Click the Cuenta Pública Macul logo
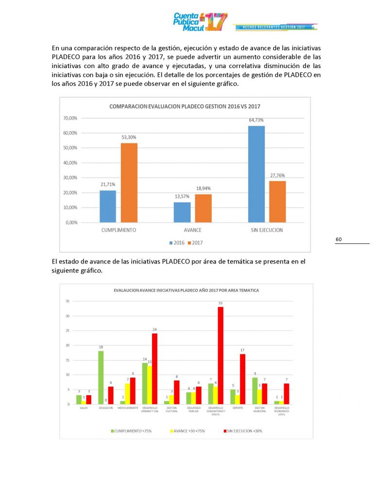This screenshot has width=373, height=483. [200, 22]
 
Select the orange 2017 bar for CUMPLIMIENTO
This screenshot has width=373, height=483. [129, 182]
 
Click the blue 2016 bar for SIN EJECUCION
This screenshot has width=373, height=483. [257, 173]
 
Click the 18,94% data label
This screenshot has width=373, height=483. [203, 188]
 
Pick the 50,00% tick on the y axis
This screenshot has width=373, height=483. [70, 148]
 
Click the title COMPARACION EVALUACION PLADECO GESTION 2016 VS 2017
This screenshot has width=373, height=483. [185, 106]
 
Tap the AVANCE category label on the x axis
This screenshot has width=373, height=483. [193, 230]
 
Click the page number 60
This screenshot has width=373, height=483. [339, 240]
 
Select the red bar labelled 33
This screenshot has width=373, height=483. [220, 355]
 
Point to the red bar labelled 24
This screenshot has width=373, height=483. [155, 368]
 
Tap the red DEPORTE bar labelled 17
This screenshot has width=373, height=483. [242, 379]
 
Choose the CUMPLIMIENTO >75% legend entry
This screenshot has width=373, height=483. [133, 431]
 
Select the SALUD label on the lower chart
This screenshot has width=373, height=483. [84, 407]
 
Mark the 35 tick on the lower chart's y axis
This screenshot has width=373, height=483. [68, 301]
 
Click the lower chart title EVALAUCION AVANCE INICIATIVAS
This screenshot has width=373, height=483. [186, 290]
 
